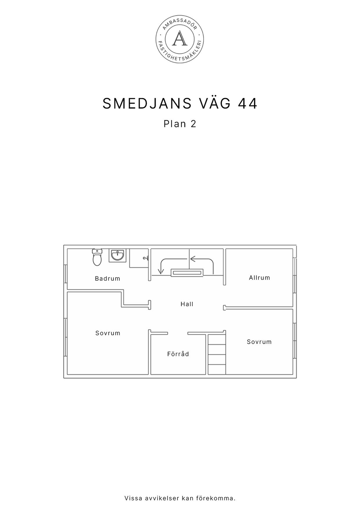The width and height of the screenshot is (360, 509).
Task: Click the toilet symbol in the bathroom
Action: (x=97, y=257)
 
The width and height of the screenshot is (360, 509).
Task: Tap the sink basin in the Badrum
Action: (x=117, y=256)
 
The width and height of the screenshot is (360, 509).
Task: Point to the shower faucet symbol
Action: (x=146, y=258)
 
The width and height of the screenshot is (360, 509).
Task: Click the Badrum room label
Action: (x=107, y=278)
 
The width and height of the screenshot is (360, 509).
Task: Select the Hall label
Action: (x=187, y=304)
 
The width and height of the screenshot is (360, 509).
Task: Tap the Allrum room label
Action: (x=259, y=278)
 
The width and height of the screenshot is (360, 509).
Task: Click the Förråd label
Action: (x=178, y=354)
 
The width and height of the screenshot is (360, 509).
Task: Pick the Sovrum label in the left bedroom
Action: (x=108, y=333)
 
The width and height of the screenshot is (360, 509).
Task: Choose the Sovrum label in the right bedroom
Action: (x=259, y=342)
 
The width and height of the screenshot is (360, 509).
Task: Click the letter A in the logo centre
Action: (x=180, y=39)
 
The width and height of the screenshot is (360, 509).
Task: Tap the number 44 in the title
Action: (x=248, y=104)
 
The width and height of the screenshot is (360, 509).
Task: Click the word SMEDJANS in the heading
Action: (x=147, y=104)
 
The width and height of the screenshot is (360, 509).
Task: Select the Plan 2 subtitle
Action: (x=180, y=124)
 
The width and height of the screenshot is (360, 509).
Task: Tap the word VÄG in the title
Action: (x=215, y=104)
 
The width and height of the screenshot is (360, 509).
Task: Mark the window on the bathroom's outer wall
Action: (x=66, y=274)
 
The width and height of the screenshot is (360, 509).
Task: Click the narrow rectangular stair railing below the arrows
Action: (x=187, y=272)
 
